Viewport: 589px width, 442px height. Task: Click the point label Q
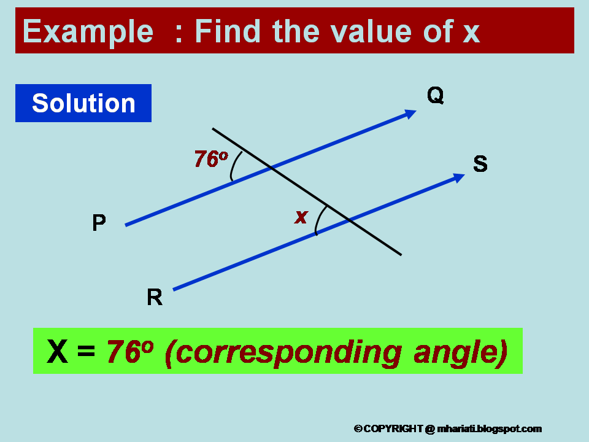click(x=436, y=96)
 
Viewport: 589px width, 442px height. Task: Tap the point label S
click(x=480, y=165)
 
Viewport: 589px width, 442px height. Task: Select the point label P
click(x=99, y=223)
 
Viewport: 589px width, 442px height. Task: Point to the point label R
click(x=155, y=298)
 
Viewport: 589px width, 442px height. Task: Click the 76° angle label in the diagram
click(x=210, y=159)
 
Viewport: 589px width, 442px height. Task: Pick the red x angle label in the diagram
click(x=301, y=217)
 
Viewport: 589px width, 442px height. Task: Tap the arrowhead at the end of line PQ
click(x=410, y=114)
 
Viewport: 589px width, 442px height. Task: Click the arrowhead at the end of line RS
click(x=458, y=177)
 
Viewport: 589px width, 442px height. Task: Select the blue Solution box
click(x=83, y=103)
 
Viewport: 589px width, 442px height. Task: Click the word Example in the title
click(x=88, y=32)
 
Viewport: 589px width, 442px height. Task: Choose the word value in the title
click(x=365, y=32)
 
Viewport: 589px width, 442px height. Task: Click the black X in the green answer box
click(x=58, y=352)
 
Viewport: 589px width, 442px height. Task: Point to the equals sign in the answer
click(x=87, y=353)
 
